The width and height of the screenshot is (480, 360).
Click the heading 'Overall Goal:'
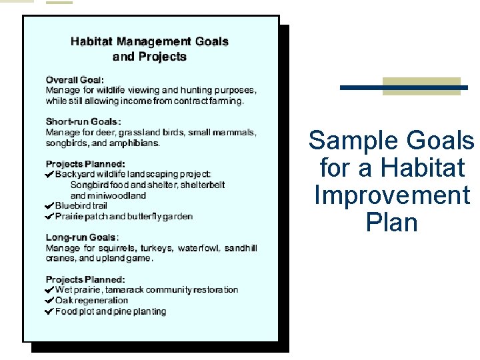tap(75, 79)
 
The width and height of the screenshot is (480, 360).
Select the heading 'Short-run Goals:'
tap(83, 121)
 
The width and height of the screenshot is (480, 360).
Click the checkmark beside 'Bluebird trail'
tap(49, 206)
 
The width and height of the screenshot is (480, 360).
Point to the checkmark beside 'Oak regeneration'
tap(49, 301)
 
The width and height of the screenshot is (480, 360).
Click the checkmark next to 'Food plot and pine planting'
tap(49, 311)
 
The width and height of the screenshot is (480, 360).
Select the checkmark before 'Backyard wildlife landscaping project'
tap(49, 174)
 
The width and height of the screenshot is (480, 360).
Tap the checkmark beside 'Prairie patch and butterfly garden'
tap(49, 217)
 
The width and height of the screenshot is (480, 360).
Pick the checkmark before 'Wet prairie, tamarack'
tap(49, 290)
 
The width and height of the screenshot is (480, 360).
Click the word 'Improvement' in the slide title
tap(392, 195)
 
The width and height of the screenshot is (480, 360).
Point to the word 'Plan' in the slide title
tap(392, 223)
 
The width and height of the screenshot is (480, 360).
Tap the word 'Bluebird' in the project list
tap(72, 206)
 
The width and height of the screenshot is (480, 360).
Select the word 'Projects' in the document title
tap(162, 57)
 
